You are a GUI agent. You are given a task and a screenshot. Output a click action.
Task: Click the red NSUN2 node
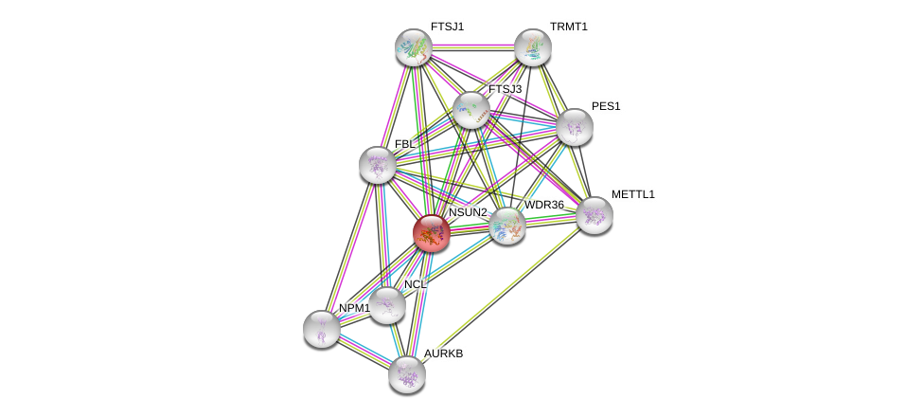431,233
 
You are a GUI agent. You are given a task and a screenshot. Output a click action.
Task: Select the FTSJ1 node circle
414,47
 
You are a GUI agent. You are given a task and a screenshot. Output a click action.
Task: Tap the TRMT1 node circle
533,47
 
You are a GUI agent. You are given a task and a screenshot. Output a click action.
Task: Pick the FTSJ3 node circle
470,110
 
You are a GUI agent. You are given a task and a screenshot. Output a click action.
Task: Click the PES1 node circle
574,127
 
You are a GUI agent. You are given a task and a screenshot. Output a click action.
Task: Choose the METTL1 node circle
594,215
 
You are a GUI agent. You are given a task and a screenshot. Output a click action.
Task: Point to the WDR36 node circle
506,226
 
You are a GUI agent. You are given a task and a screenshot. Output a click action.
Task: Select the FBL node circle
377,165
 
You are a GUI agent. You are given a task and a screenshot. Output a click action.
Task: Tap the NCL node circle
386,305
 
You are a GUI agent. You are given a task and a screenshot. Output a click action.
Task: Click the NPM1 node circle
322,329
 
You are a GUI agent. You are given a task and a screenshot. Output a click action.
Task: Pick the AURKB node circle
407,374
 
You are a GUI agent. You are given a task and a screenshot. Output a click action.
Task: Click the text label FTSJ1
447,27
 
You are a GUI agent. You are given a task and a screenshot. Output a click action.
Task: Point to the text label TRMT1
569,27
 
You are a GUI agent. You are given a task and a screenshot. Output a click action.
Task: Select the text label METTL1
632,194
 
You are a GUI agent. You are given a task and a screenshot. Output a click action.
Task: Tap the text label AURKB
443,354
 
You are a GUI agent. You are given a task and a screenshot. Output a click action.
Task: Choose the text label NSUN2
468,212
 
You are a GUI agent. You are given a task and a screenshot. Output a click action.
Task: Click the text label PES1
606,106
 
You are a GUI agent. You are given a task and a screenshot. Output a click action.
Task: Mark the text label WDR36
544,205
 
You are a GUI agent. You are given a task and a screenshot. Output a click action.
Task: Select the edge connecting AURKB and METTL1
500,295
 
